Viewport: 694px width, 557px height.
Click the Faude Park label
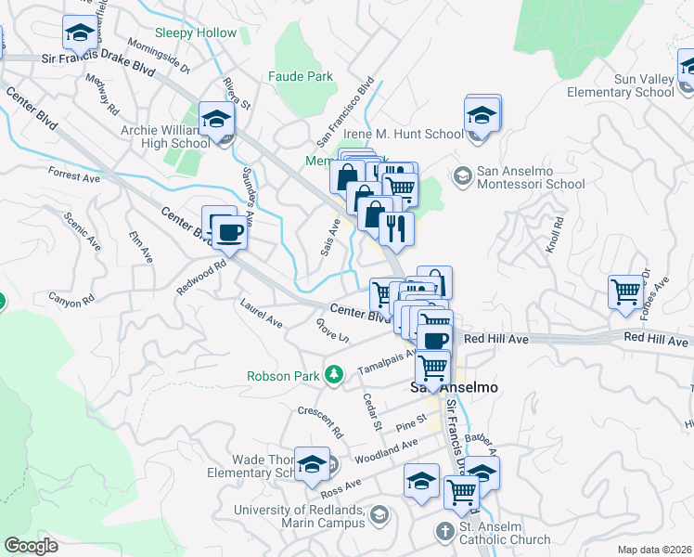pyautogui.click(x=300, y=76)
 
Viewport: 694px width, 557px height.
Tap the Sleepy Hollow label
pyautogui.click(x=196, y=32)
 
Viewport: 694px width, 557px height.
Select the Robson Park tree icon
pyautogui.click(x=332, y=376)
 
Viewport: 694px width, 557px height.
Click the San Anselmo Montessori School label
pyautogui.click(x=531, y=177)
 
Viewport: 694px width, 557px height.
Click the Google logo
pyautogui.click(x=31, y=546)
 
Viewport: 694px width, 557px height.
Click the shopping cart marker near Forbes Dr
pyautogui.click(x=625, y=291)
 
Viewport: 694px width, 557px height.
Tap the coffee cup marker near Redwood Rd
pyautogui.click(x=229, y=232)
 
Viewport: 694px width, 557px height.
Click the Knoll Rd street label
pyautogui.click(x=555, y=236)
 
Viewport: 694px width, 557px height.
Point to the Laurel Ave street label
pyautogui.click(x=261, y=313)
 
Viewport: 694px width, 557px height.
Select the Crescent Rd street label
pyautogui.click(x=321, y=422)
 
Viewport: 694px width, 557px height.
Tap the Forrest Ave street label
pyautogui.click(x=73, y=175)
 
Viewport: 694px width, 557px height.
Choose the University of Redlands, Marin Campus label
pyautogui.click(x=299, y=516)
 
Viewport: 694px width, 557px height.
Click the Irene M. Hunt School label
pyautogui.click(x=402, y=134)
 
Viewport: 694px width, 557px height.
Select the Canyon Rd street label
pyautogui.click(x=71, y=300)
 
